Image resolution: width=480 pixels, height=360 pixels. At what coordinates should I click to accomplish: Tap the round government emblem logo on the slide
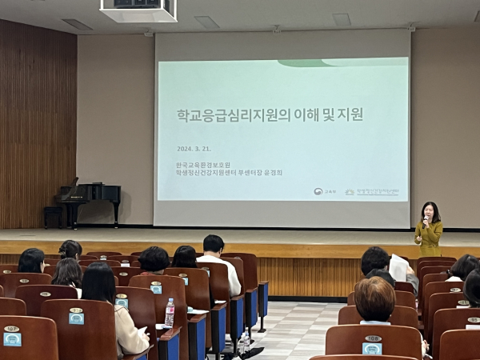tap(318, 192)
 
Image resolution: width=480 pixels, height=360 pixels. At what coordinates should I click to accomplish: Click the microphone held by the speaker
tap(426, 218)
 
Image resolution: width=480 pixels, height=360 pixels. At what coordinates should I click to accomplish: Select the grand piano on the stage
tap(90, 196)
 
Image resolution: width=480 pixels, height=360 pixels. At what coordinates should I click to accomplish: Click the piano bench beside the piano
tap(53, 214)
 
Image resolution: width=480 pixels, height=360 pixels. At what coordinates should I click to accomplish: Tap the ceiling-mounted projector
tap(138, 10)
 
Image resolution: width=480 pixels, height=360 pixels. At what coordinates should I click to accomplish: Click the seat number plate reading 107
tap(11, 329)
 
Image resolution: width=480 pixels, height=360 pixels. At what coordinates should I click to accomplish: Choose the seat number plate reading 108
tap(372, 339)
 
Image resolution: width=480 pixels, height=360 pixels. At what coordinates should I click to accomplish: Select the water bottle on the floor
tap(243, 344)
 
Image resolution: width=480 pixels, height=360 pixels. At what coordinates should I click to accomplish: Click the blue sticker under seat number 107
tap(12, 338)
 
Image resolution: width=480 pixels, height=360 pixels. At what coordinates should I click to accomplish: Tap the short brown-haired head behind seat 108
tap(374, 298)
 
